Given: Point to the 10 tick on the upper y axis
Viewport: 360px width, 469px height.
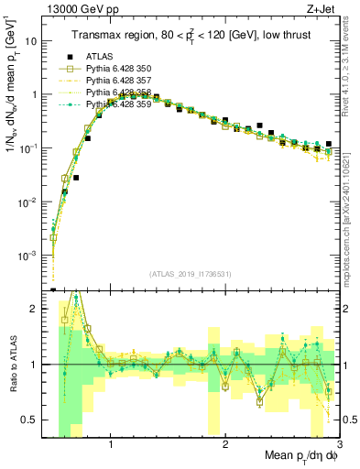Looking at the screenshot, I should [31, 41].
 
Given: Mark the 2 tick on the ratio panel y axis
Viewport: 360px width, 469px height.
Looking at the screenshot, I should [35, 309].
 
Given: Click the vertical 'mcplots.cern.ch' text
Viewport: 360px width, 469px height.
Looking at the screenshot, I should [352, 220].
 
